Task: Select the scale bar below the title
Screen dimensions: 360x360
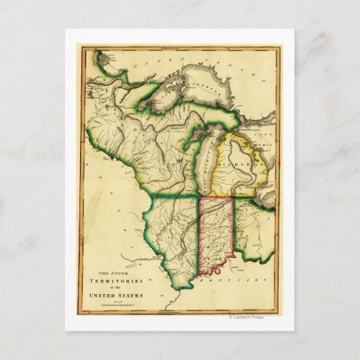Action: [x=113, y=306]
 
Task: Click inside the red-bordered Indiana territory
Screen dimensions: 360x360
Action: [x=215, y=234]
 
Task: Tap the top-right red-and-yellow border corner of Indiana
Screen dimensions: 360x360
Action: [x=233, y=198]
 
